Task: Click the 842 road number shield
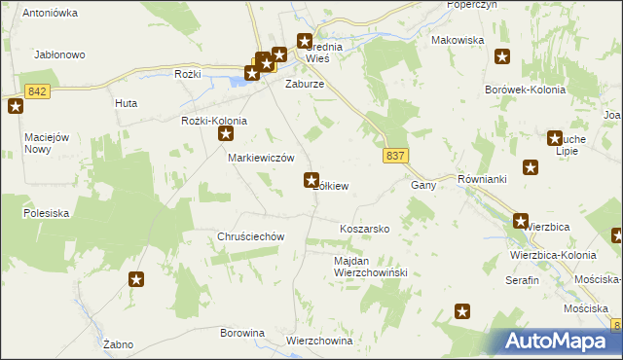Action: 37,91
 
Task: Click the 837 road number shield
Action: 395,157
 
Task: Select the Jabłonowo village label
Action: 60,55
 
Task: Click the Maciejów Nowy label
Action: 38,143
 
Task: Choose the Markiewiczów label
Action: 261,158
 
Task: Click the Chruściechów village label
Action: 250,236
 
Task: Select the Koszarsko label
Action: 364,229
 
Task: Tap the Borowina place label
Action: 242,333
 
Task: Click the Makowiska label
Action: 458,40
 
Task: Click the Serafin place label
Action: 522,279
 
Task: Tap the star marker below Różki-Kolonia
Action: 226,135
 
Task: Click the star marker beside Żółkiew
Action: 311,179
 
